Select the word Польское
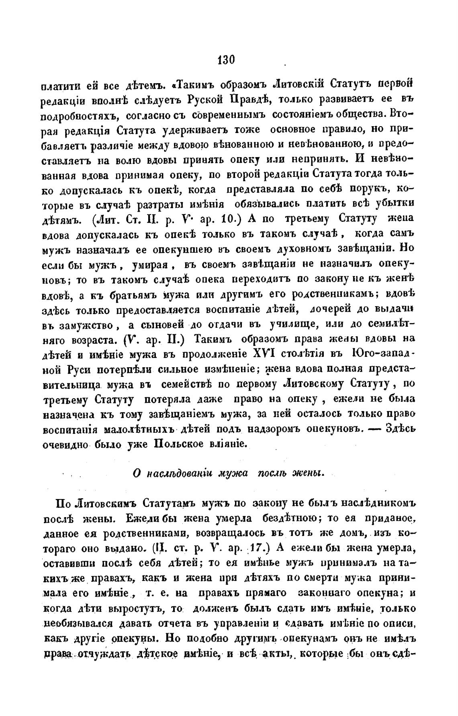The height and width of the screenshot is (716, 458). [187, 444]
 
